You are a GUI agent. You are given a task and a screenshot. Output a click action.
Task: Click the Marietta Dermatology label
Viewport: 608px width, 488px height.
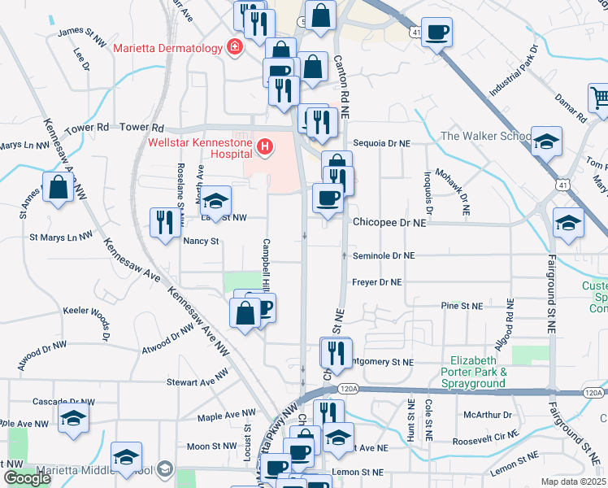coord(167,48)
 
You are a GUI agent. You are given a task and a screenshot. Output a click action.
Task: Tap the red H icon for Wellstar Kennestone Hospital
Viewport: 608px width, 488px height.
coord(264,146)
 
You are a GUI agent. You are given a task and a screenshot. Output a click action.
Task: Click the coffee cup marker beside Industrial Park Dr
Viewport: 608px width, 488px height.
coord(436,33)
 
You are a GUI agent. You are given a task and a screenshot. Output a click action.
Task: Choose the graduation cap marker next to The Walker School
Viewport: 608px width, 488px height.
coord(547,140)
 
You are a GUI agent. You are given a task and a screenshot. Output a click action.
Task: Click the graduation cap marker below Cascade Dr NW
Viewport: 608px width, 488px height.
coord(74,420)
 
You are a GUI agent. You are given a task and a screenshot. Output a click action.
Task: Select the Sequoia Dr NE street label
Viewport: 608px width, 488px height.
coord(382,142)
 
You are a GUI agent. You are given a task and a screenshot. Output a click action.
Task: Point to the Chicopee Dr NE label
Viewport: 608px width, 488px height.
coord(389,222)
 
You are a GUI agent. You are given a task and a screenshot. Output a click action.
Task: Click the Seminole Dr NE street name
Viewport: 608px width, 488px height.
coord(384,255)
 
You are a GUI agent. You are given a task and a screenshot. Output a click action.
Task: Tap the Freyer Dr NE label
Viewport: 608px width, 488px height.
coord(377,282)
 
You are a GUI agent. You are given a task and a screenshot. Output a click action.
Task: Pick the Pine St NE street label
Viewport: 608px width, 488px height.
coord(461,306)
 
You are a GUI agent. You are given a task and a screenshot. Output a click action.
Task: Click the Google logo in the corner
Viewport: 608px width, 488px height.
coord(27,478)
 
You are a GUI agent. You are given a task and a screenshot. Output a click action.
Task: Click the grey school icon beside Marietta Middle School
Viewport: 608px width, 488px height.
coord(166,468)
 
